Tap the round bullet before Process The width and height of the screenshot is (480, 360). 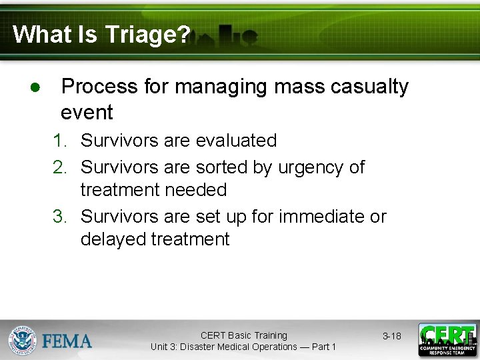pyautogui.click(x=34, y=88)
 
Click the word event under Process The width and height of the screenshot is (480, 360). pyautogui.click(x=87, y=112)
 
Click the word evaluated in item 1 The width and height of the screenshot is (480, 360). pyautogui.click(x=236, y=141)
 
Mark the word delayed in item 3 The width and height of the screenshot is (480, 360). pyautogui.click(x=113, y=239)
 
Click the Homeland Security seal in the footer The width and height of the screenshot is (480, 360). pyautogui.click(x=23, y=340)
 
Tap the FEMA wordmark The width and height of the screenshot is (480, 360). pyautogui.click(x=67, y=341)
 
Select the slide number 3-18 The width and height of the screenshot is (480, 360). pyautogui.click(x=391, y=336)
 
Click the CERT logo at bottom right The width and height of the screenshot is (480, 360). pyautogui.click(x=447, y=340)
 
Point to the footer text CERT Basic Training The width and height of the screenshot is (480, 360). pyautogui.click(x=243, y=335)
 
